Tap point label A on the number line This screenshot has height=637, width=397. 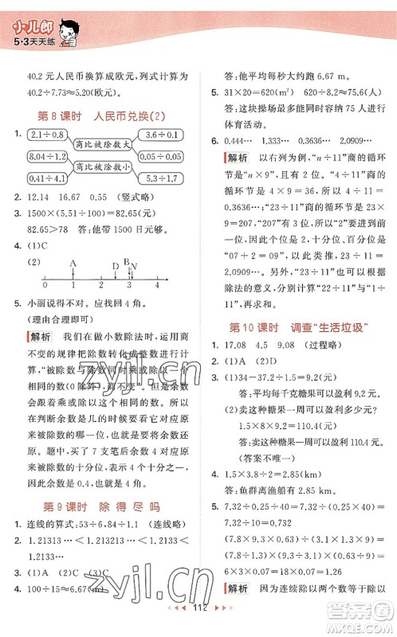(x=73, y=264)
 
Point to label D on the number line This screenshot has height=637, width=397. (x=116, y=265)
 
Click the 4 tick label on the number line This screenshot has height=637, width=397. (x=158, y=285)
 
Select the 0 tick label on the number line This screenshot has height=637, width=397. (x=45, y=285)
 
